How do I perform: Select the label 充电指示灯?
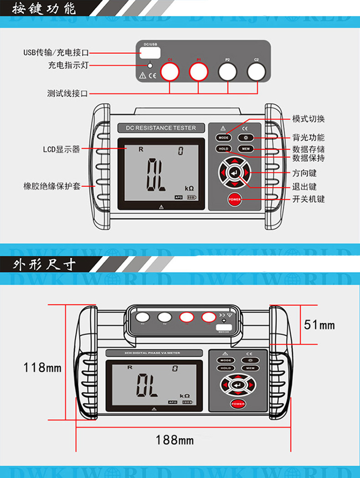(68, 66)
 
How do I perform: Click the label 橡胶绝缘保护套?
(52, 186)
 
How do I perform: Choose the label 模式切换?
(308, 119)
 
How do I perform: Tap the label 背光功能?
(308, 138)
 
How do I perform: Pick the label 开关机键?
(308, 199)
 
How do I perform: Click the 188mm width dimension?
(175, 440)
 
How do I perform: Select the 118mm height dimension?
(42, 367)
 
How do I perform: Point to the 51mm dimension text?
(319, 324)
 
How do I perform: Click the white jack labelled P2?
(227, 72)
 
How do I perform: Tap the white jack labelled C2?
(256, 72)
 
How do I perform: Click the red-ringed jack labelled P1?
(199, 72)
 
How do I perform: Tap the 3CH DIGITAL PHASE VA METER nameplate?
(143, 353)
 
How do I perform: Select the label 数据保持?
(308, 159)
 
